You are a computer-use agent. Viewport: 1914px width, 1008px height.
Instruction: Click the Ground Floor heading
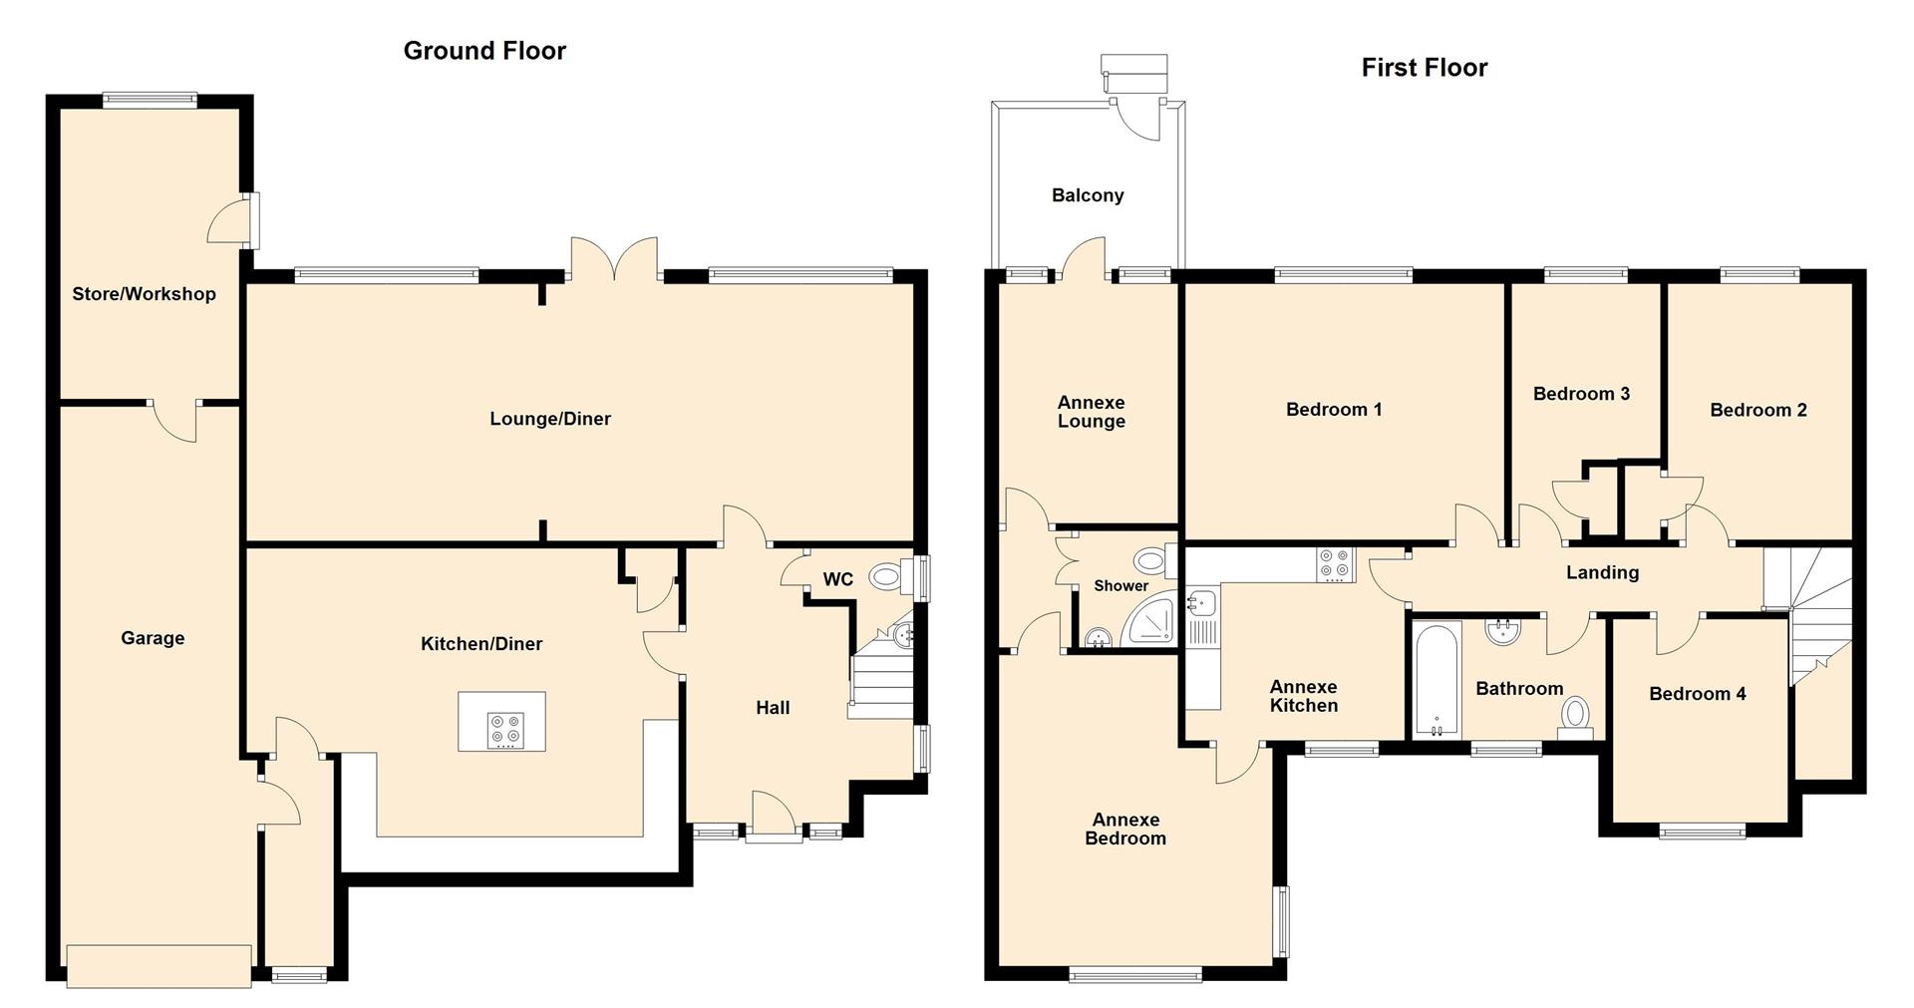coord(484,51)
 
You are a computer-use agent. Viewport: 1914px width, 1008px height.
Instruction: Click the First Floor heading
coord(1424,68)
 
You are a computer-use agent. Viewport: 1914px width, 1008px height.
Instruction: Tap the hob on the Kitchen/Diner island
coord(502,730)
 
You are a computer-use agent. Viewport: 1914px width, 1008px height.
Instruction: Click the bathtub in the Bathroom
coord(1436,680)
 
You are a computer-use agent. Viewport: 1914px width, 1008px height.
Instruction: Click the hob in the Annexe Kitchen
coord(1334,564)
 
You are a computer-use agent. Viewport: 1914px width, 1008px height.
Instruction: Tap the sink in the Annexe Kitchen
coord(1199,603)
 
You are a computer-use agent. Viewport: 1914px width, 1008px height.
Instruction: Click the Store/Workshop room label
coord(144,294)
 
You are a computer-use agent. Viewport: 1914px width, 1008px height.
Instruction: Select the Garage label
coord(153,638)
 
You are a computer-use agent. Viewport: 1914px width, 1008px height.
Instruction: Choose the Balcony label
coord(1088,195)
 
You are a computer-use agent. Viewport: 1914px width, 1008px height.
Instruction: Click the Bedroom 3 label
coord(1581,394)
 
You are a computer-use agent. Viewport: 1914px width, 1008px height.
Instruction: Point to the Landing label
coord(1602,572)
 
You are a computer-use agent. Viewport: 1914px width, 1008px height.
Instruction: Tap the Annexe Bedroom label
coord(1125,829)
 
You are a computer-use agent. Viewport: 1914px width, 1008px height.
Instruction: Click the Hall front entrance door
coord(774,817)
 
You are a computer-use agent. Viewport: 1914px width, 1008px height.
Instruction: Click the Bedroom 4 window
coord(1703,831)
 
